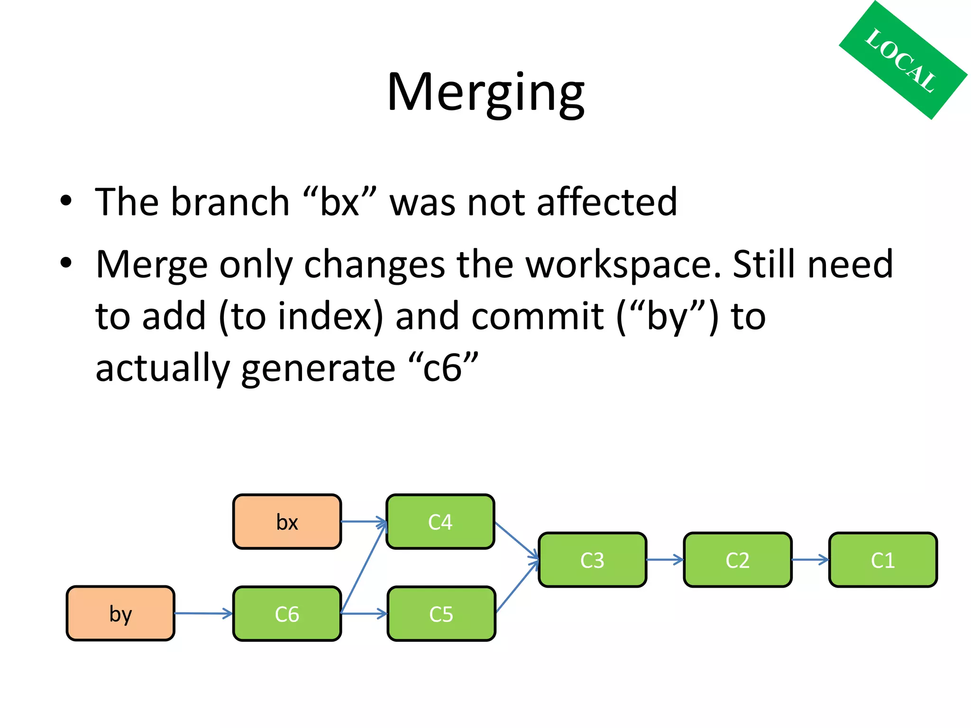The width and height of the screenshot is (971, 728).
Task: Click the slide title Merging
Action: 485,92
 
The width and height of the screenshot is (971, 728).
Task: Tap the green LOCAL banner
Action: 902,60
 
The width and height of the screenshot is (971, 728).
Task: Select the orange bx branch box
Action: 287,521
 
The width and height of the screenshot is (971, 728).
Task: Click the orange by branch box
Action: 120,613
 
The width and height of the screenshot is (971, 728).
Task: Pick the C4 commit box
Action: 440,521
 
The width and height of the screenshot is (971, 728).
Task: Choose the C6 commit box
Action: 287,614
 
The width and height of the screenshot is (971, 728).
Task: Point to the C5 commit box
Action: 441,614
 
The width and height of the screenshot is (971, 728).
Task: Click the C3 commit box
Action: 592,560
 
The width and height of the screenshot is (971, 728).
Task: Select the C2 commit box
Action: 737,560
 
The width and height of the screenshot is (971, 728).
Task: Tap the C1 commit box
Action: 883,560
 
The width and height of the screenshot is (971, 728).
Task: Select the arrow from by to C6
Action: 203,613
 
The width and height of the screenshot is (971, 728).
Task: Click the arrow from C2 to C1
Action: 810,560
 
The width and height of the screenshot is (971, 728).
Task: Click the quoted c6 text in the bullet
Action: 443,368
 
